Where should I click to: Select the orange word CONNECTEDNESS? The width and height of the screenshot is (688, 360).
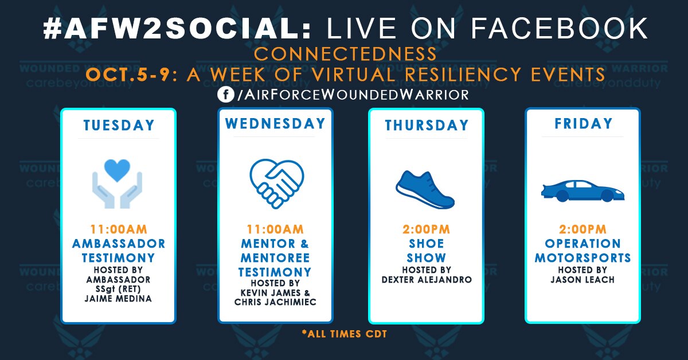pos(345,55)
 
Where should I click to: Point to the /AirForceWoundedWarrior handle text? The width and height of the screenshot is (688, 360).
pos(352,95)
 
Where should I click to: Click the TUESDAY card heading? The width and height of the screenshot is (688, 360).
pos(119,125)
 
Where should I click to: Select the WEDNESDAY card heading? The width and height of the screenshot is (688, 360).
pos(275,124)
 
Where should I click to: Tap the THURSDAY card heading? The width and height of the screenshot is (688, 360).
pos(427,125)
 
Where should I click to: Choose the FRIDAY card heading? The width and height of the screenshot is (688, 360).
pos(583,124)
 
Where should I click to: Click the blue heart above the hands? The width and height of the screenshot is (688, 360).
pos(118,170)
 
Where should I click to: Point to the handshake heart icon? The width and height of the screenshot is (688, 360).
pos(276,178)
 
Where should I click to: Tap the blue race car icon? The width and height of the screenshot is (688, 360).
pos(583,190)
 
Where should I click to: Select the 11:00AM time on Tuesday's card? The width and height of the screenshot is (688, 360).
pos(119,229)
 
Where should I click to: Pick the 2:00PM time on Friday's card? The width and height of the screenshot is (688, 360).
pos(583,229)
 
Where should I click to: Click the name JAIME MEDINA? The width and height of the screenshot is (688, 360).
pos(119,299)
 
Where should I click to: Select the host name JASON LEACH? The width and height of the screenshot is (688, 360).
pos(583,279)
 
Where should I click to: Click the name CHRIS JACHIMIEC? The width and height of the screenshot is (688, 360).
pos(276,302)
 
